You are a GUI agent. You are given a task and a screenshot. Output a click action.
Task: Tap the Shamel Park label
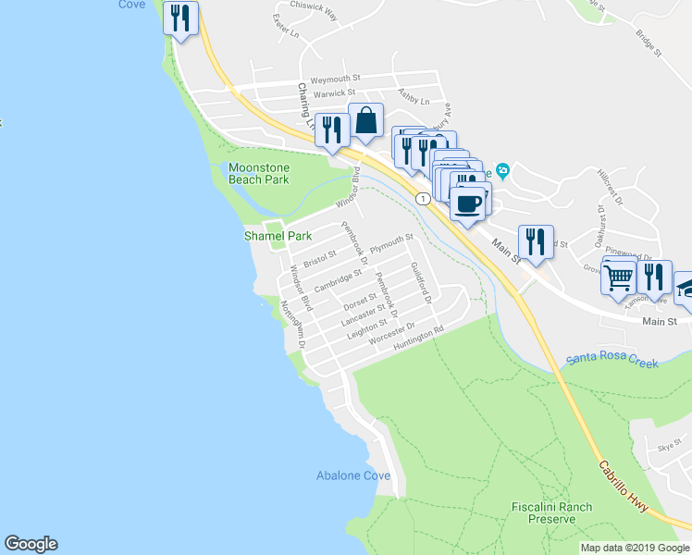point(278,236)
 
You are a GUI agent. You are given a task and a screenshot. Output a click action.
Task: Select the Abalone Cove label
point(353,475)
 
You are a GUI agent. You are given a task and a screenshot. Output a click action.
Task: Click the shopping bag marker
point(366,121)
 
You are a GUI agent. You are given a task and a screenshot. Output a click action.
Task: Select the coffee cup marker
point(469,203)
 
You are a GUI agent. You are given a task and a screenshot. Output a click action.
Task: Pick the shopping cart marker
point(618,275)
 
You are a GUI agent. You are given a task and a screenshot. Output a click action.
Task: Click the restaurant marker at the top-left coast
point(181,18)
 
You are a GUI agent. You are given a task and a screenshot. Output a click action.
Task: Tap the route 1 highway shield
point(422,198)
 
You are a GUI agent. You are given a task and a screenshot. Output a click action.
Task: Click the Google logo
point(31,544)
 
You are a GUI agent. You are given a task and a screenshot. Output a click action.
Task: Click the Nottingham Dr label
point(292,323)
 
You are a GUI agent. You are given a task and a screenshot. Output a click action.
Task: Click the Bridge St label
point(649,42)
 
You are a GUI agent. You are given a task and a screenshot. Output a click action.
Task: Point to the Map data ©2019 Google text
point(635,548)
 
